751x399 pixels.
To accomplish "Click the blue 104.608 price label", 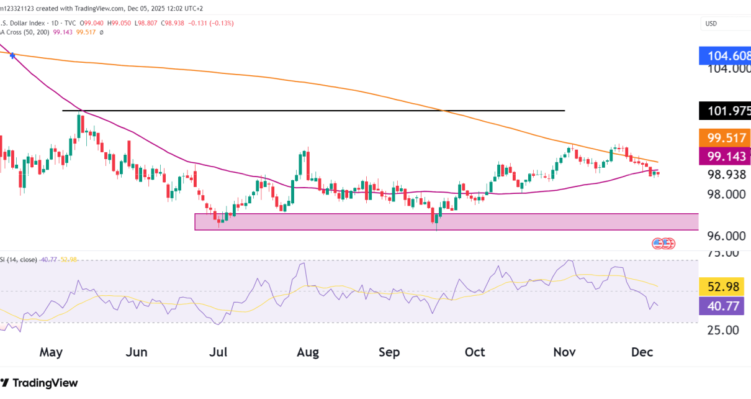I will click(x=724, y=55).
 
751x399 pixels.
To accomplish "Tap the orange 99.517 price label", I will click(x=724, y=137).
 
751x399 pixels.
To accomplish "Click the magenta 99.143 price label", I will click(x=724, y=157).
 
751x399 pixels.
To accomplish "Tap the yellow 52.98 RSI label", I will click(x=724, y=287).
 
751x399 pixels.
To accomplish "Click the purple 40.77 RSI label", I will click(x=724, y=306).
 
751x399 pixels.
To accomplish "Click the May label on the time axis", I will click(x=52, y=352).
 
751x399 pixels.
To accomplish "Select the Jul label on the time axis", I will click(x=218, y=352).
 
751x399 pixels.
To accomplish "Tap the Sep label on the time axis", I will click(x=389, y=352).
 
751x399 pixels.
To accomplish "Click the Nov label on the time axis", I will click(x=564, y=352).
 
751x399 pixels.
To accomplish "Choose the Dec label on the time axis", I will click(x=643, y=352).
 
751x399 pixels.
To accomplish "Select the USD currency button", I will click(x=711, y=24).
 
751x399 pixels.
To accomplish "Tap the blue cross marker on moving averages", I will click(x=13, y=56).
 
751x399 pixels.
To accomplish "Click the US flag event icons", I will click(x=663, y=244).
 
